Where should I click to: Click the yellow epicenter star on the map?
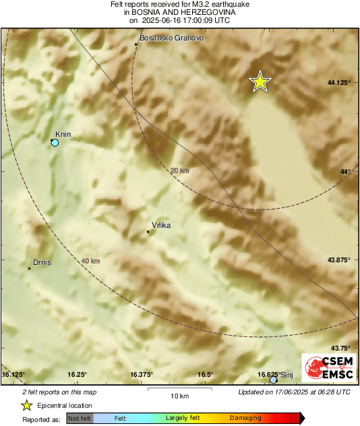click(x=260, y=82)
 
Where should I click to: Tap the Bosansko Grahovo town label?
click(x=171, y=38)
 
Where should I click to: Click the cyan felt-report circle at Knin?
click(x=55, y=143)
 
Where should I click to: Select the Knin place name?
click(x=63, y=134)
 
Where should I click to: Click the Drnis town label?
click(x=42, y=262)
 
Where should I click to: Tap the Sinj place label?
click(x=287, y=375)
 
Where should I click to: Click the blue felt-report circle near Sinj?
click(x=273, y=381)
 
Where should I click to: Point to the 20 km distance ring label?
click(x=179, y=171)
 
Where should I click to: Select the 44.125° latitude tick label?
click(x=338, y=82)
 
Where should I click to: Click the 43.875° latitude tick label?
click(x=338, y=260)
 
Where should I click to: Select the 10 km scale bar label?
click(x=179, y=396)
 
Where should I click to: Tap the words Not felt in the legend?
click(x=79, y=419)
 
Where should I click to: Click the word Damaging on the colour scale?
click(x=245, y=419)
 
